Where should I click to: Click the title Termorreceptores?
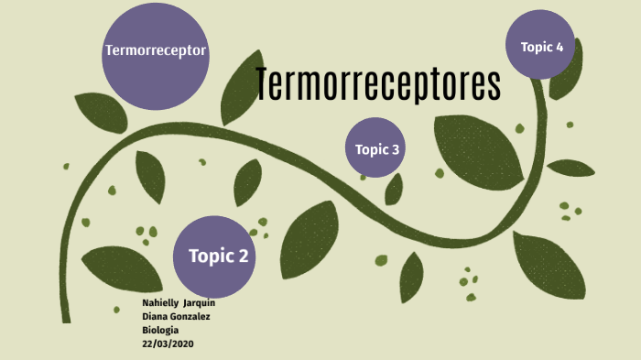(x=378, y=84)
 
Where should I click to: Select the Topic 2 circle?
(x=213, y=258)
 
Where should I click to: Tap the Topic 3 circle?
(x=375, y=148)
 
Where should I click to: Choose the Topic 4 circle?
(x=541, y=45)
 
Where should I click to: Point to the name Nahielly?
(x=160, y=303)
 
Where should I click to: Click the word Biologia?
(x=160, y=329)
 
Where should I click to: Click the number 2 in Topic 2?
(x=243, y=256)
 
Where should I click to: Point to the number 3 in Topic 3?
(x=395, y=149)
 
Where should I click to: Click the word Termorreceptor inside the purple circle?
(x=156, y=50)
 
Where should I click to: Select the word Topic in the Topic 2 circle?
(x=209, y=256)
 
